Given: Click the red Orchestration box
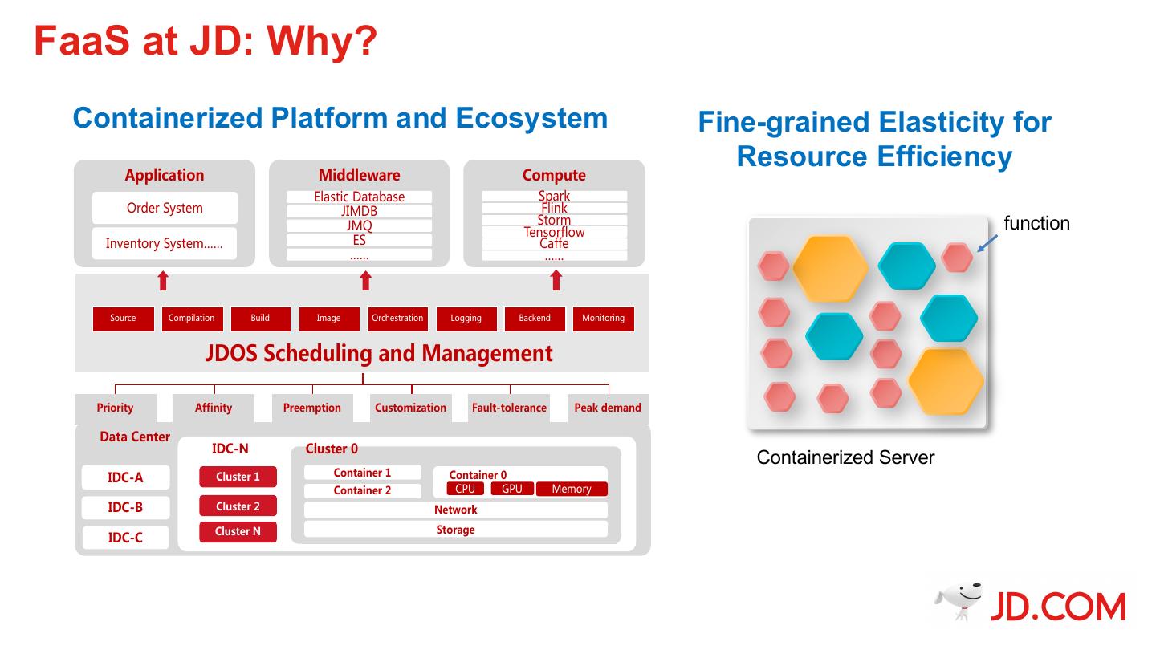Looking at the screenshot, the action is pos(397,319).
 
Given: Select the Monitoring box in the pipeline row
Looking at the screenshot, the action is pos(604,319).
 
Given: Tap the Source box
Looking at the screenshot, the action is pos(124,319).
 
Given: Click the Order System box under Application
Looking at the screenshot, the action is pos(165,208).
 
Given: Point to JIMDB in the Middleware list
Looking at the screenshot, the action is pos(359,212).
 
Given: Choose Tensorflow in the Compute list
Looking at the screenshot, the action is pos(554,232).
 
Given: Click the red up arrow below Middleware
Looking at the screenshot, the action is pos(366,281).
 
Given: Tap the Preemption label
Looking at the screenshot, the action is pos(312,408).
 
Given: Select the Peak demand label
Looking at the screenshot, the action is pos(608,408).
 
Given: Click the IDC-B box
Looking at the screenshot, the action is pos(125,507).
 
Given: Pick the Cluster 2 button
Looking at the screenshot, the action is pos(238,506).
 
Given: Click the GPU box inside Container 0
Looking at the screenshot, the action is pos(512,489).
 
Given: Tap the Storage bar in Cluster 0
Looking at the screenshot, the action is pos(456,530).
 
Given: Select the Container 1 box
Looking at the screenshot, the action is pos(362,473).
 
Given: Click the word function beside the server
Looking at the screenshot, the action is pos(1037,223).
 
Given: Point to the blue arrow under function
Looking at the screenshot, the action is pos(987,243).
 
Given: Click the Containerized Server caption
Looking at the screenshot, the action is pos(845,457).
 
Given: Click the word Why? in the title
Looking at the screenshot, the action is pos(322,41).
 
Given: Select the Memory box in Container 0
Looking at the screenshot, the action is pos(572,489).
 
